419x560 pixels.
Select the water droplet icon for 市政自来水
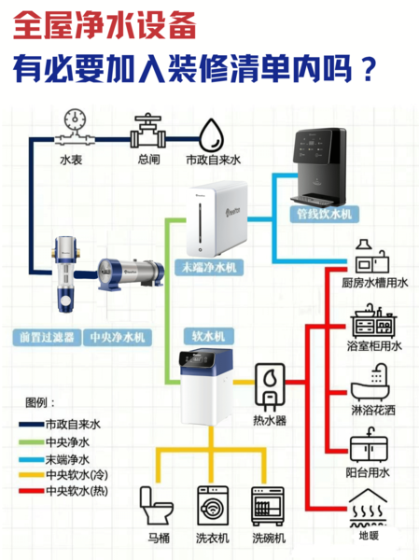[x=211, y=135]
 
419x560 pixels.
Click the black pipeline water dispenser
[x=319, y=167]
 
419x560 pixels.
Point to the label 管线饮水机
[x=325, y=215]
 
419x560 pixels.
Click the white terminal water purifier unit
[x=216, y=218]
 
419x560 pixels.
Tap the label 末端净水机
[x=209, y=267]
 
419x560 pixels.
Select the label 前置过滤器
[x=47, y=337]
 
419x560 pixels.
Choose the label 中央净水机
[x=118, y=337]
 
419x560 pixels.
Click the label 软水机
[x=209, y=336]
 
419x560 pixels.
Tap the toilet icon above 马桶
[x=156, y=505]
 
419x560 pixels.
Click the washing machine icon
[x=213, y=505]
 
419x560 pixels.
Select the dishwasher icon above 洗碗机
[x=268, y=506]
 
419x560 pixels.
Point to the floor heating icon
[x=369, y=509]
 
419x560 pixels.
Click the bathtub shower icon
[x=370, y=383]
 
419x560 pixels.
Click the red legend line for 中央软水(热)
[x=31, y=491]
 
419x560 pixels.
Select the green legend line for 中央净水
[x=31, y=442]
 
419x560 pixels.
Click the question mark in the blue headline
[x=367, y=69]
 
